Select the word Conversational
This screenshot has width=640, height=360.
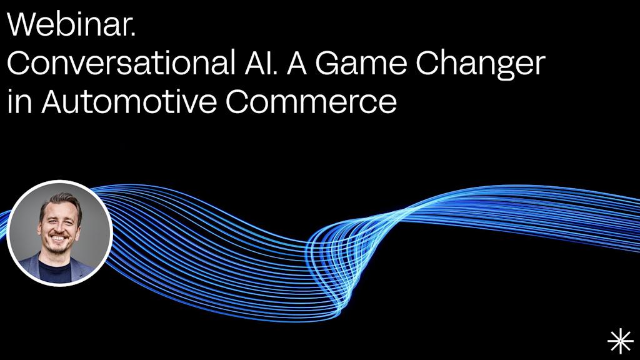125,63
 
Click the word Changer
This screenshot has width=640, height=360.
481,64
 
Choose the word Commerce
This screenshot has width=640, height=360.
311,101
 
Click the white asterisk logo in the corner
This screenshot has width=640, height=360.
620,341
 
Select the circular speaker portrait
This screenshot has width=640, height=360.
60,232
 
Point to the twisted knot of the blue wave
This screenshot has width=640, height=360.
331,250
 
